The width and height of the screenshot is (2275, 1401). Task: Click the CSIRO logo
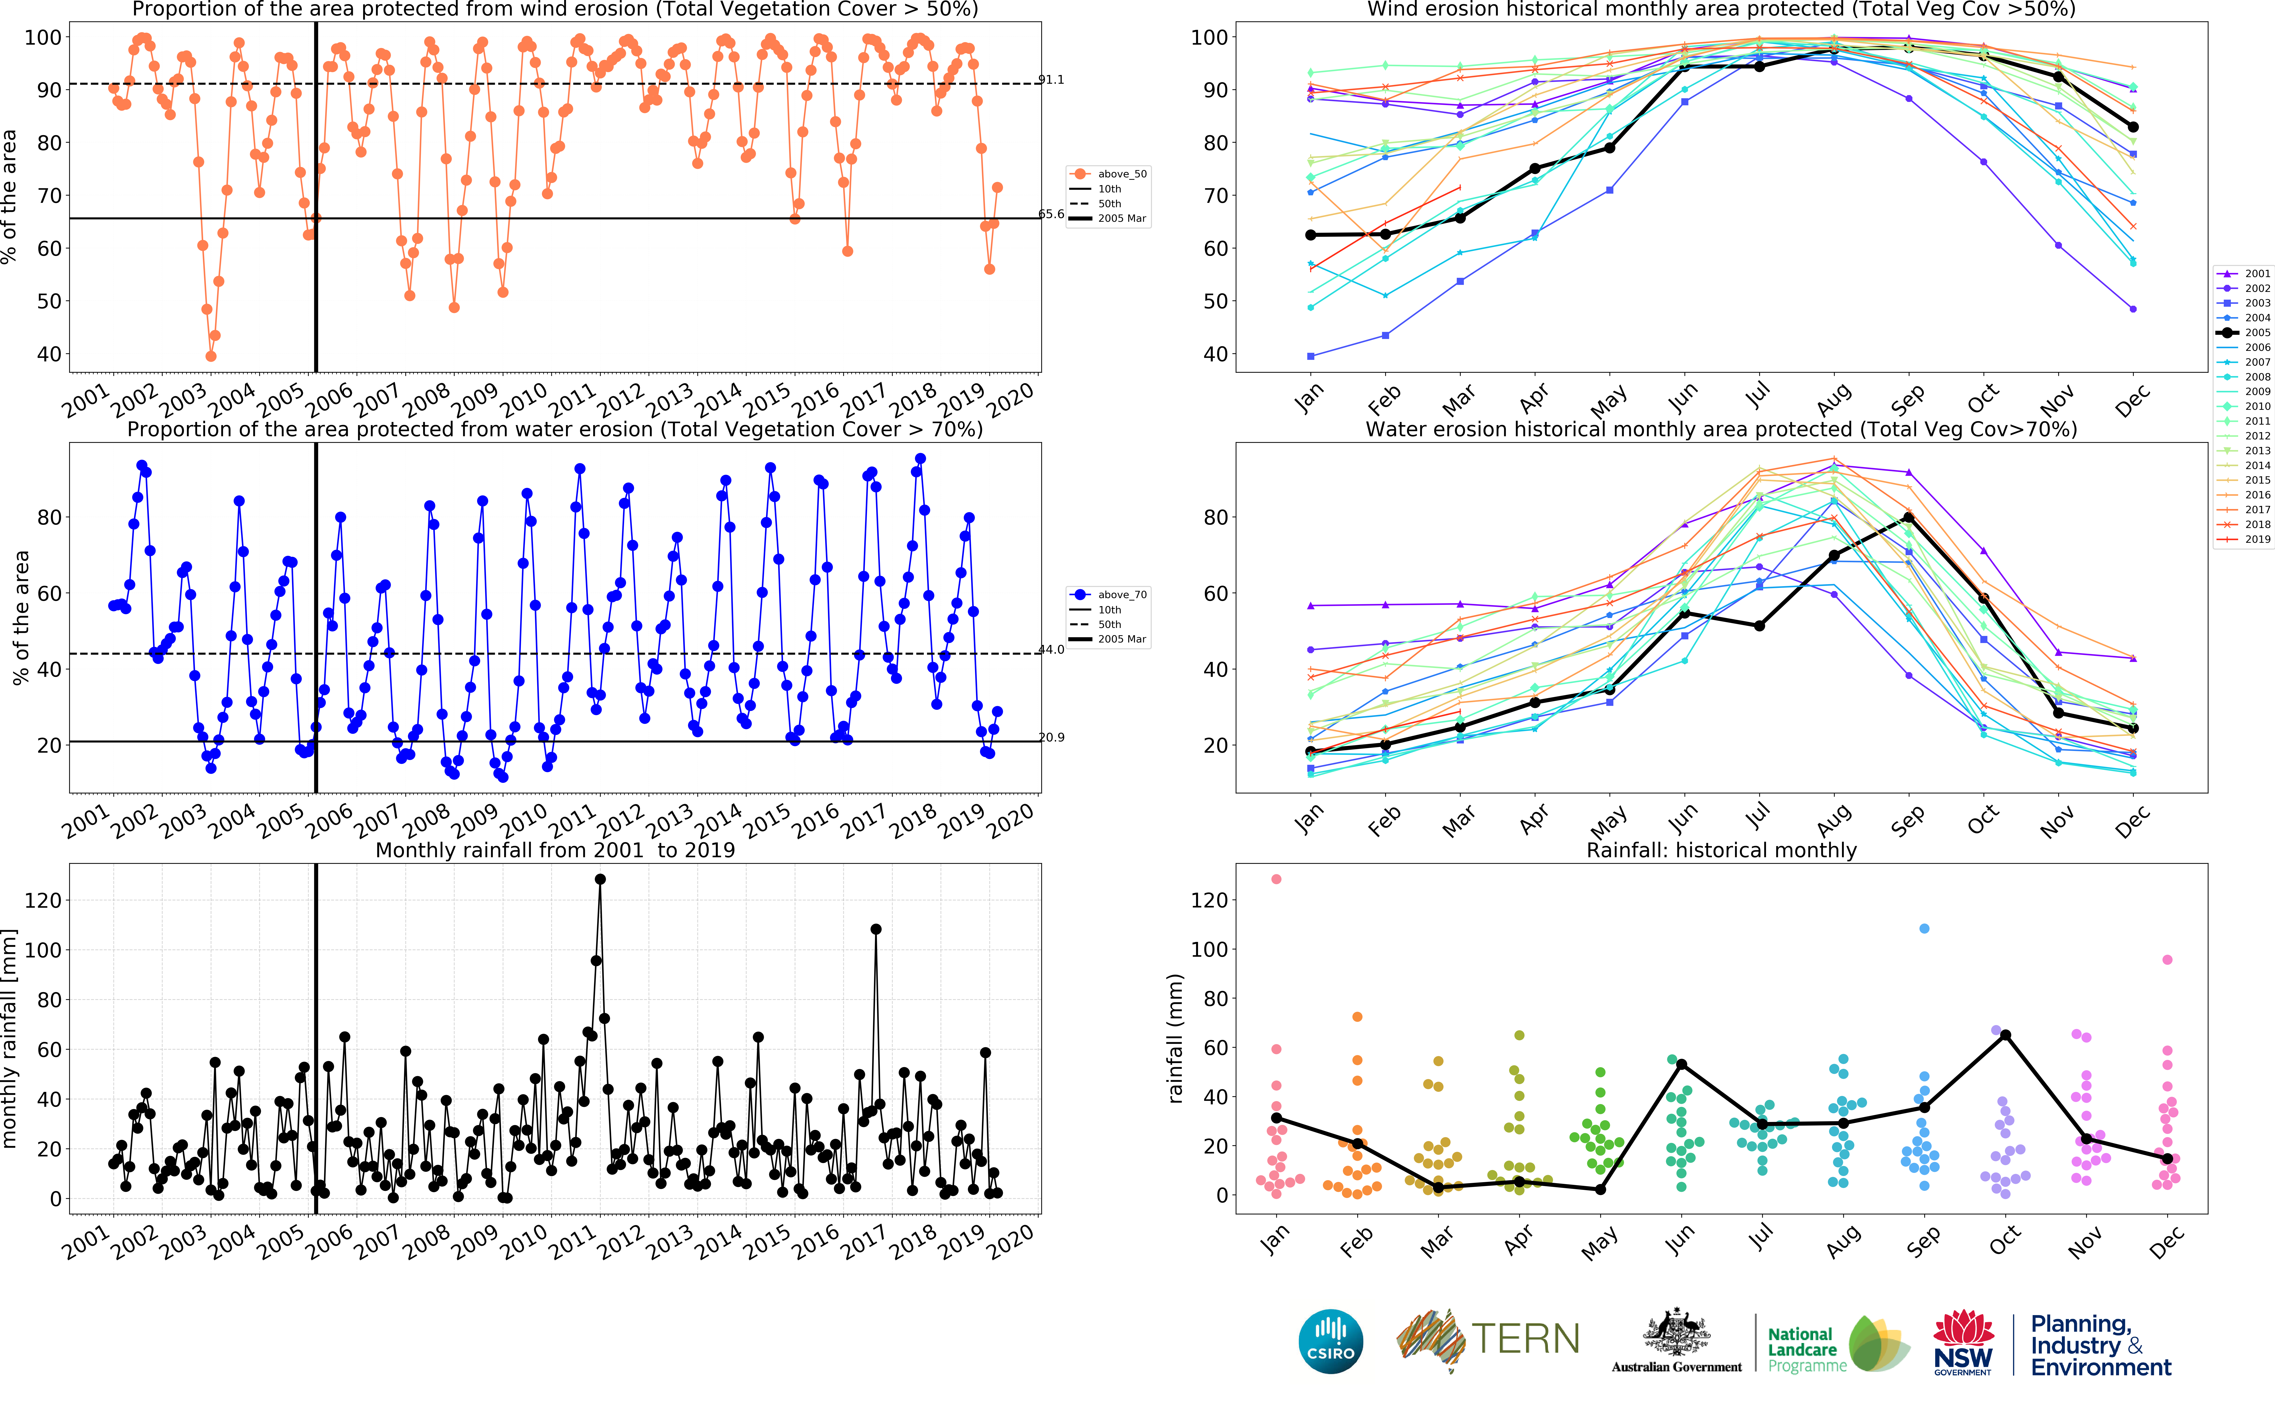1331,1341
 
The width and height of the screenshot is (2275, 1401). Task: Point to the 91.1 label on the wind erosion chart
1051,80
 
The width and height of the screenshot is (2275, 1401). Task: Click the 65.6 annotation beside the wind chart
1051,214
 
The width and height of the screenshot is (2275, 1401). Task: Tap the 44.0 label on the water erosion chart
1051,650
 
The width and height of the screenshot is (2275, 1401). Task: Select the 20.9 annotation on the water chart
1051,738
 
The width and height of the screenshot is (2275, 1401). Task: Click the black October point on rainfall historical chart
2005,1035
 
